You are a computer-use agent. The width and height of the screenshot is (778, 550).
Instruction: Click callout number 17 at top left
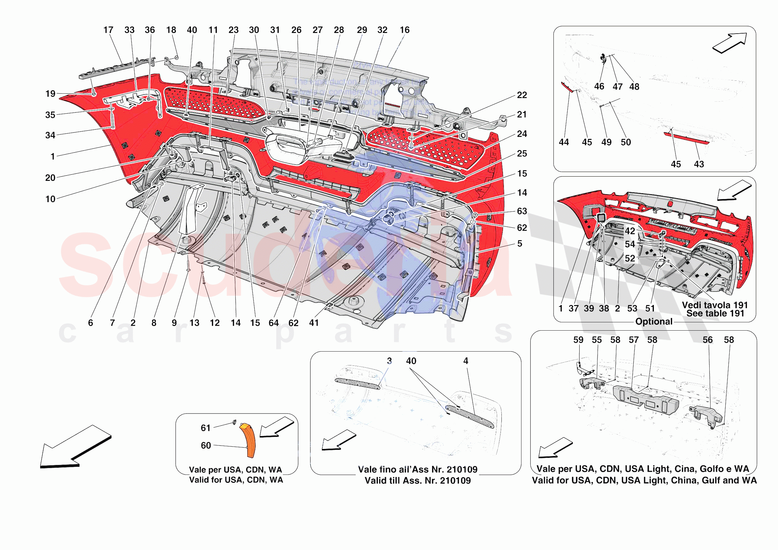pos(108,30)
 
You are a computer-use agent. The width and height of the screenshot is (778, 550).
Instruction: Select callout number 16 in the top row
pos(404,30)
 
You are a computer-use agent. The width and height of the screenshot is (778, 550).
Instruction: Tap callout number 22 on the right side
pos(522,95)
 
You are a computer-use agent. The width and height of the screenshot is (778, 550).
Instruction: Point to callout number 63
pos(522,211)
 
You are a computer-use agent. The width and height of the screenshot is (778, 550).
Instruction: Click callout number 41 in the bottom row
pos(314,323)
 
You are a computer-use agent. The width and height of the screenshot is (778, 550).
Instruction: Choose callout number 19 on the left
pos(51,94)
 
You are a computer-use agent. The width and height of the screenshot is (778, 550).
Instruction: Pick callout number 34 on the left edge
pos(50,135)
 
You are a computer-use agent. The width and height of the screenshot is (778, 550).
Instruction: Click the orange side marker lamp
pos(248,439)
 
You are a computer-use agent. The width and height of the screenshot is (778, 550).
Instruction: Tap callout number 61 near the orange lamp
pos(206,428)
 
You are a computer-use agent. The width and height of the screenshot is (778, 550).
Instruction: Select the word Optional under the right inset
pos(654,321)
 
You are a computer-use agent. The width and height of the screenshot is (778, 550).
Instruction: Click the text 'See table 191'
pos(715,313)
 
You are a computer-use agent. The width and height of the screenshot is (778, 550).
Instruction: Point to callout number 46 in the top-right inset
pos(599,87)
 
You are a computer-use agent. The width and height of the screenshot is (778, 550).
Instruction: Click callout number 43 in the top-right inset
pos(699,165)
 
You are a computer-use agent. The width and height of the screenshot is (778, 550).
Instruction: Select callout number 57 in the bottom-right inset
pos(634,340)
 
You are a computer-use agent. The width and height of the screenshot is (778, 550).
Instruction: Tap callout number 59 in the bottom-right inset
pos(578,340)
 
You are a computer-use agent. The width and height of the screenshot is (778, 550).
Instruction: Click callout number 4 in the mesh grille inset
pos(466,361)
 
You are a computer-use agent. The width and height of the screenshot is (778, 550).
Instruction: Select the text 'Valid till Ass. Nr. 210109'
pos(417,480)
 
